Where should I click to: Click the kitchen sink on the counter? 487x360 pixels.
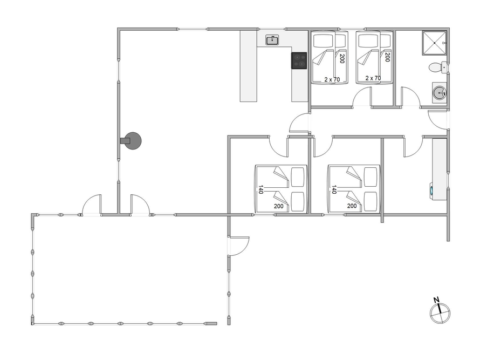[x=272, y=40]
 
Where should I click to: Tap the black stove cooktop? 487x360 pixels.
[x=299, y=60]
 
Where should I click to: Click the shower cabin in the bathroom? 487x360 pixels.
[x=434, y=43]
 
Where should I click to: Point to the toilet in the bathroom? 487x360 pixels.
[x=437, y=67]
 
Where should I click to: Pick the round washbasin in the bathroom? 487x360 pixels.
[x=440, y=93]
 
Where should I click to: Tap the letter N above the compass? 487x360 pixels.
[x=436, y=300]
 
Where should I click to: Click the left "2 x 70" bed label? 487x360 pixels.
[x=332, y=79]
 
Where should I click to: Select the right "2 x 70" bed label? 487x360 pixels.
[x=373, y=78]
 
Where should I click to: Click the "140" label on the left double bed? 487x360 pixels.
[x=260, y=189]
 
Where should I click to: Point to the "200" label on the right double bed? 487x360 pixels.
[x=352, y=206]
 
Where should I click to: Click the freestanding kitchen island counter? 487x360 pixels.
[x=249, y=66]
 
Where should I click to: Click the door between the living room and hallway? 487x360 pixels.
[x=299, y=123]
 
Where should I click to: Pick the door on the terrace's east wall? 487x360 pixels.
[x=239, y=246]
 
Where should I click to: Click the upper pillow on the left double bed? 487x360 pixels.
[x=298, y=177]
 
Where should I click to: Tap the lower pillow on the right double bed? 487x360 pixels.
[x=371, y=201]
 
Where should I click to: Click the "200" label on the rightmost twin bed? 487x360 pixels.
[x=387, y=57]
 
